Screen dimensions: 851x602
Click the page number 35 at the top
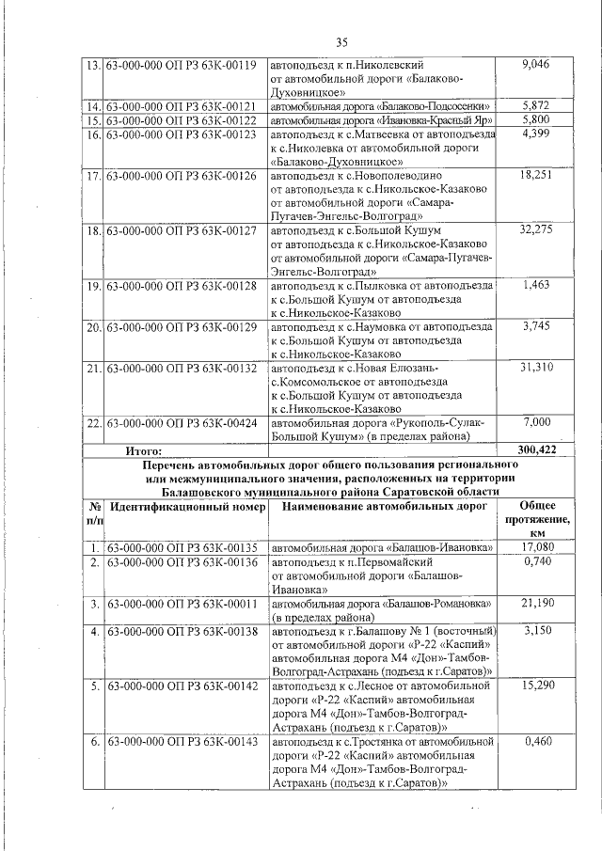tap(342, 40)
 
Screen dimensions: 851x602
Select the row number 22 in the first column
tap(93, 423)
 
